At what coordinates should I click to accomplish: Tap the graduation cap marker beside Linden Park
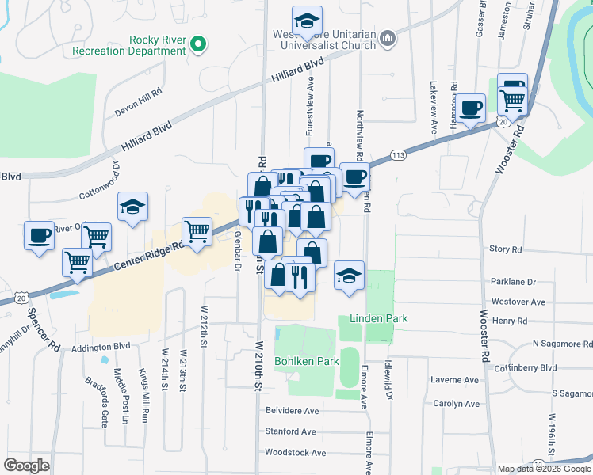(x=349, y=276)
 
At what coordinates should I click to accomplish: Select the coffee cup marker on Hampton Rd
(x=471, y=107)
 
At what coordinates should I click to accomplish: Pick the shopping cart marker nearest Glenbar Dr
(x=197, y=232)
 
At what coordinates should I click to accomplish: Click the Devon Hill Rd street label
(x=138, y=91)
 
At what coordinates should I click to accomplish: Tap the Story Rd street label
(x=506, y=249)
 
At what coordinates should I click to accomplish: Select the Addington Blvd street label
(x=101, y=347)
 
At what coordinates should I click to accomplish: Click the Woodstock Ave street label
(x=295, y=453)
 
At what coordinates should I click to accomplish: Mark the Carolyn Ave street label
(x=456, y=403)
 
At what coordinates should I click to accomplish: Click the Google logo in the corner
(x=27, y=465)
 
